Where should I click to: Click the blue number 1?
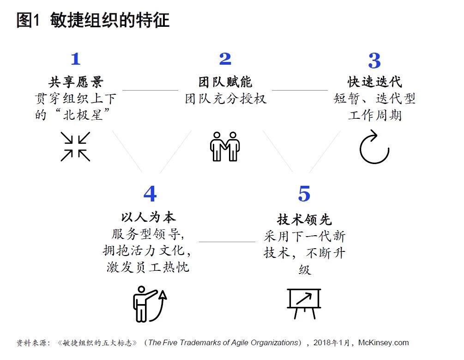(x=75, y=59)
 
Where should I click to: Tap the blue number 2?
(x=225, y=59)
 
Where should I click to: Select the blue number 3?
(x=374, y=61)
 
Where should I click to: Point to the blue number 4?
(x=150, y=194)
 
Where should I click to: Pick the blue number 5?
(x=304, y=194)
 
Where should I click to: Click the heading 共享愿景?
(x=76, y=82)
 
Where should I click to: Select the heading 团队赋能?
(x=225, y=82)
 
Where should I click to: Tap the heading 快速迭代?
(x=374, y=82)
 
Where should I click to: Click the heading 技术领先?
(x=304, y=219)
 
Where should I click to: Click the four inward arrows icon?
(x=75, y=146)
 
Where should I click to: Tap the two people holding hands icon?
(x=225, y=146)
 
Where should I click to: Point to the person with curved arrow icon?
(x=149, y=303)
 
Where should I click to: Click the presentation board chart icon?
(x=304, y=303)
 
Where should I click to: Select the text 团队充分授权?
(x=225, y=99)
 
